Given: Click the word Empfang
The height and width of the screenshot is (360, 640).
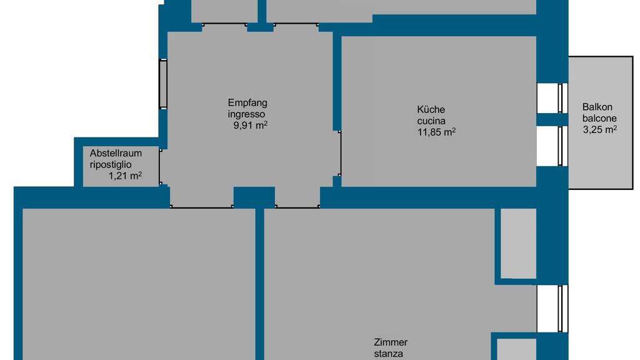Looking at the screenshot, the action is pyautogui.click(x=247, y=103).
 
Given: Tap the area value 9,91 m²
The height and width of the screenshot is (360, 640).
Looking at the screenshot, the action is pyautogui.click(x=250, y=125).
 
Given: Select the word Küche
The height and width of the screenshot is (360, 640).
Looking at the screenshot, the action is pyautogui.click(x=431, y=109).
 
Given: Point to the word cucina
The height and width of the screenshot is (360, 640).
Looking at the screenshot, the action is pyautogui.click(x=431, y=121).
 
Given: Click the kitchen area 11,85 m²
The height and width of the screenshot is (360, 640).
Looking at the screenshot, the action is pyautogui.click(x=436, y=132).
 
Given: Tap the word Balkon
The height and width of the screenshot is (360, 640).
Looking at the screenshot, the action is pyautogui.click(x=597, y=107).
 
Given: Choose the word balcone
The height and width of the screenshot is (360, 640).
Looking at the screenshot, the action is pyautogui.click(x=599, y=118).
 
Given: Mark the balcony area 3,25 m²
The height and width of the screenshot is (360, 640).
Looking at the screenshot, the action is pyautogui.click(x=599, y=130).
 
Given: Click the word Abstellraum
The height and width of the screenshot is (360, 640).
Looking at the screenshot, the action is pyautogui.click(x=116, y=154).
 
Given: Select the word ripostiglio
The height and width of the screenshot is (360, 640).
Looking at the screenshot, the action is pyautogui.click(x=111, y=165).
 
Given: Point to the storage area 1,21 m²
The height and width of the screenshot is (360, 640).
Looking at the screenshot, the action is pyautogui.click(x=125, y=176).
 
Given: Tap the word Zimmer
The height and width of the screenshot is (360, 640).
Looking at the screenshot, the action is pyautogui.click(x=391, y=342).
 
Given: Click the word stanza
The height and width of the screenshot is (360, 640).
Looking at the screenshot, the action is pyautogui.click(x=388, y=354).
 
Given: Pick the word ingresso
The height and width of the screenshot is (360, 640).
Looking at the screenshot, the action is pyautogui.click(x=246, y=114).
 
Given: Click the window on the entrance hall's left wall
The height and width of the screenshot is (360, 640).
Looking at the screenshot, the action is pyautogui.click(x=163, y=84).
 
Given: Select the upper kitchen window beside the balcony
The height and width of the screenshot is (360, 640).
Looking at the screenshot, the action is pyautogui.click(x=563, y=98).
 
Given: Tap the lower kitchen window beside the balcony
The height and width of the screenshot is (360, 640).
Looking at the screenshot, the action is pyautogui.click(x=563, y=146).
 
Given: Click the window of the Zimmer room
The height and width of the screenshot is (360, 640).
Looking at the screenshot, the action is pyautogui.click(x=563, y=309).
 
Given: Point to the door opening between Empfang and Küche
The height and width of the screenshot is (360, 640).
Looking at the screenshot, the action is pyautogui.click(x=339, y=154).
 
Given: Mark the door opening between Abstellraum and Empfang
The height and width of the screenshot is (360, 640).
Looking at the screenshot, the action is pyautogui.click(x=161, y=167).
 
